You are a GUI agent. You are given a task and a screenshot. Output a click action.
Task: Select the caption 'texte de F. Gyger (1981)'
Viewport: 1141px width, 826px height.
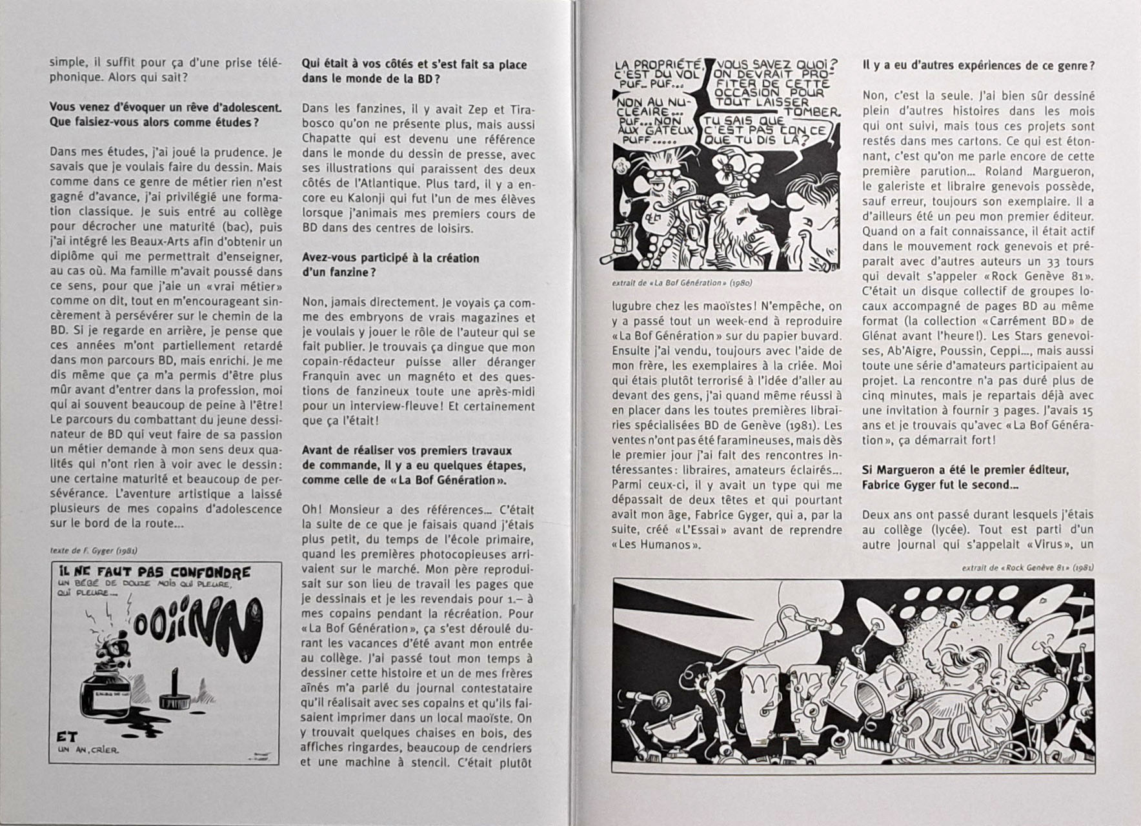click(93, 551)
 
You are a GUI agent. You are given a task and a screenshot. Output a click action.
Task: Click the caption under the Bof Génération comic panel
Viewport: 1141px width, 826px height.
click(682, 283)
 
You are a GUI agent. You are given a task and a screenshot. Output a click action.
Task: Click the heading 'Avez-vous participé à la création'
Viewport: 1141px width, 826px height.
click(390, 258)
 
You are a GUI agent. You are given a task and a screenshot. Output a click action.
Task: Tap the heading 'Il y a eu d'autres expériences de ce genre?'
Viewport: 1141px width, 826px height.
click(978, 65)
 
